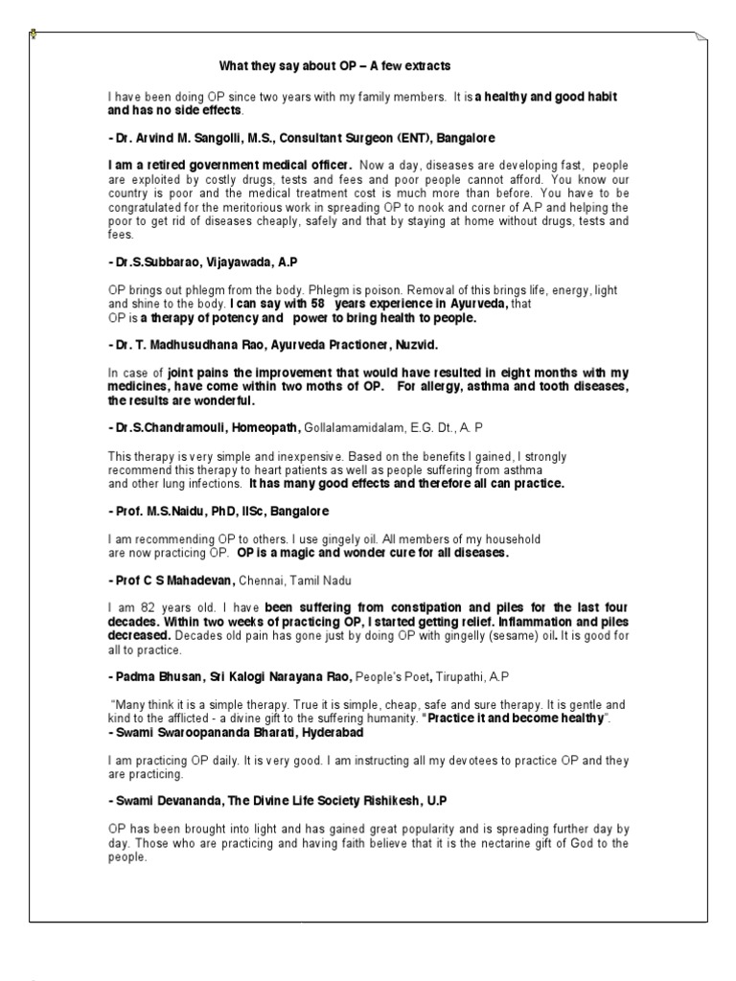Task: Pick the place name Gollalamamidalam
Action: coord(360,425)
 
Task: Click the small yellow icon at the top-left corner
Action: coord(34,35)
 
